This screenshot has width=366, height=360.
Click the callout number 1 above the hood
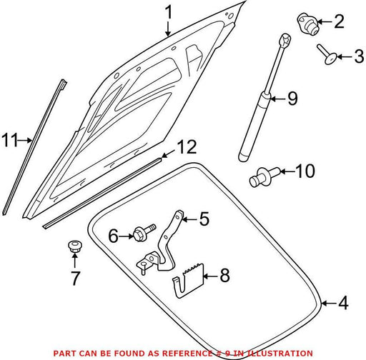[169, 12]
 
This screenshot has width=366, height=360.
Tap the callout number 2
[340, 21]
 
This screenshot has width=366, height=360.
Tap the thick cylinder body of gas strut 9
[255, 127]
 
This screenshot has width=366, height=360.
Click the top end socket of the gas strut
[286, 39]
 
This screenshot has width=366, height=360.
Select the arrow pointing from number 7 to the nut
[75, 261]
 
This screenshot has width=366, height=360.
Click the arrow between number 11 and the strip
[25, 140]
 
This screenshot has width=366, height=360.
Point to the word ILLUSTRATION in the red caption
[280, 353]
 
